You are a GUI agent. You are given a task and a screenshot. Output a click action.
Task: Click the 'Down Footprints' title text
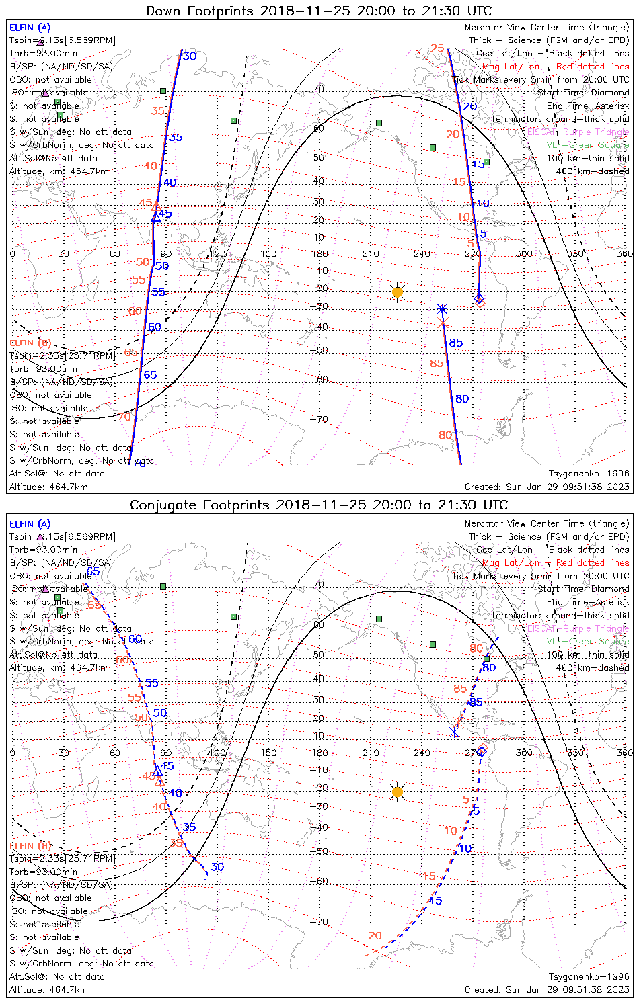click(x=319, y=11)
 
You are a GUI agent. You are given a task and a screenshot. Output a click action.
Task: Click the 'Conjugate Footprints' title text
click(x=319, y=505)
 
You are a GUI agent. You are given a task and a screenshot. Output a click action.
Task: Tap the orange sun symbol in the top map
click(x=398, y=292)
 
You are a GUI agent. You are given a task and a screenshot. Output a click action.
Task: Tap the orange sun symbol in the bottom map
click(x=398, y=792)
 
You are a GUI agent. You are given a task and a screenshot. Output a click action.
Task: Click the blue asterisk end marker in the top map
click(x=442, y=310)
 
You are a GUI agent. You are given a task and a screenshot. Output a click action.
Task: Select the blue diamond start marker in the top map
click(x=479, y=298)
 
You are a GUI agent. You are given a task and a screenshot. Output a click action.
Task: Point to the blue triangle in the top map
click(x=156, y=217)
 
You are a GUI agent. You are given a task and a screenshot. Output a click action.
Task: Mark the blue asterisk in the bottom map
click(x=454, y=732)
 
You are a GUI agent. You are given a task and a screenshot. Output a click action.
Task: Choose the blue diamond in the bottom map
click(x=482, y=751)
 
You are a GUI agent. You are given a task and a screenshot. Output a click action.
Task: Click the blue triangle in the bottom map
click(x=157, y=771)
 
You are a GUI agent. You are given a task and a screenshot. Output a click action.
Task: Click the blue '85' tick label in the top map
click(x=456, y=343)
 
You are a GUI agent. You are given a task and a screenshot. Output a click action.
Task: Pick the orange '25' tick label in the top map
click(x=437, y=48)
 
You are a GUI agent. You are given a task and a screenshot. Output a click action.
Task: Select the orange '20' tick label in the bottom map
click(x=375, y=935)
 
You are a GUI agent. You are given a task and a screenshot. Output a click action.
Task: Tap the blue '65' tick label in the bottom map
click(x=93, y=572)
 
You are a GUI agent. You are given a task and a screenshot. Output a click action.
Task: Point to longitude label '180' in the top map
click(x=319, y=253)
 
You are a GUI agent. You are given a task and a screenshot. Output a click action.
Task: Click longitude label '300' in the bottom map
click(x=523, y=753)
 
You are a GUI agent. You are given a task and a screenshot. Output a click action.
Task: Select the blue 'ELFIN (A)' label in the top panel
click(x=30, y=28)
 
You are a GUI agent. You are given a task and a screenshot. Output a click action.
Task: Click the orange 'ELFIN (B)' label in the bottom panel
click(x=30, y=845)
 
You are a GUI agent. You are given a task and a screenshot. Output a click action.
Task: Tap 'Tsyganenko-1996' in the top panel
click(x=589, y=474)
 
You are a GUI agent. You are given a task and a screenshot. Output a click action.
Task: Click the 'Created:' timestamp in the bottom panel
click(x=547, y=989)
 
